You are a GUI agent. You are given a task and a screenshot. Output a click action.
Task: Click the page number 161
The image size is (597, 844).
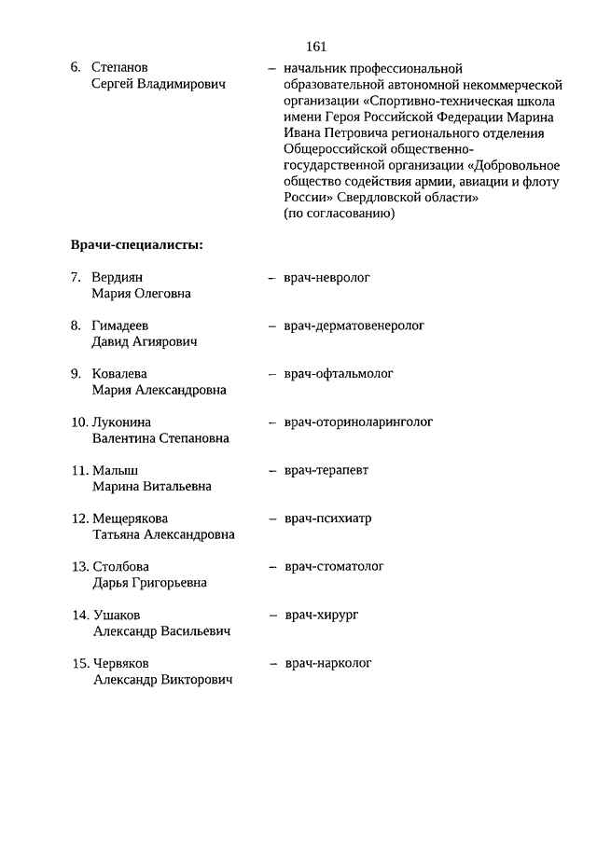[314, 47]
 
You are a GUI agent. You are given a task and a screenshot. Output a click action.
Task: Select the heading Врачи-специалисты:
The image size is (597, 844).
[137, 245]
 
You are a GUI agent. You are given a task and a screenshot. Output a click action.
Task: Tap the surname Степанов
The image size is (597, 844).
[120, 68]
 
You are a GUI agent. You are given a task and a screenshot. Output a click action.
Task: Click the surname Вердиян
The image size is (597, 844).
[118, 277]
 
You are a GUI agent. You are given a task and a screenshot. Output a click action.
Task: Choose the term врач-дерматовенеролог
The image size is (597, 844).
[354, 325]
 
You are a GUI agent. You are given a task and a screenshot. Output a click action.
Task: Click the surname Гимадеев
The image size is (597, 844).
[120, 325]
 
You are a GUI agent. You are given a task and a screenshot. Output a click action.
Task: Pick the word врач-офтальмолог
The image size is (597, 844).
[339, 373]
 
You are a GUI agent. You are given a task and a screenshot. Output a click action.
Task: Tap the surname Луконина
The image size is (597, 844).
[122, 422]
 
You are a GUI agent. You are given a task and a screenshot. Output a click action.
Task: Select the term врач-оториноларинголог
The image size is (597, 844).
[358, 422]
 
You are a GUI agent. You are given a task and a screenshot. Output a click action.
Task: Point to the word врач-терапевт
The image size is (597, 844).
[326, 470]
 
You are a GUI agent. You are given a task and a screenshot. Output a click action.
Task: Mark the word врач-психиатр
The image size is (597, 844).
[327, 519]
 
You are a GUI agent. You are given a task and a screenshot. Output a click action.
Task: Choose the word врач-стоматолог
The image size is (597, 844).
[334, 566]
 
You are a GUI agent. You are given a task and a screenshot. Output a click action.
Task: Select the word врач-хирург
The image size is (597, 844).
[322, 615]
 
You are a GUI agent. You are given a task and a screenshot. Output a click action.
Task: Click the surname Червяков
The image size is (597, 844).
[121, 663]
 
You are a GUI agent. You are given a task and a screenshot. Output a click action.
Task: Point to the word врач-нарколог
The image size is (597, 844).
[328, 663]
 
